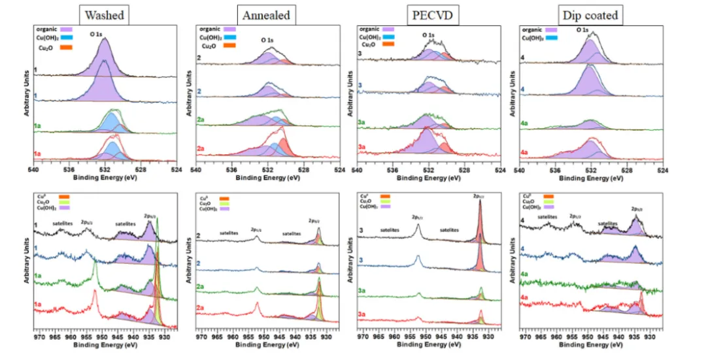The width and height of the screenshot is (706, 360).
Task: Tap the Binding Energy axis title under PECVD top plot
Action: coord(429,178)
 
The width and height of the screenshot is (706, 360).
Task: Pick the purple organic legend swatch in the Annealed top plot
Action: coord(229,29)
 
